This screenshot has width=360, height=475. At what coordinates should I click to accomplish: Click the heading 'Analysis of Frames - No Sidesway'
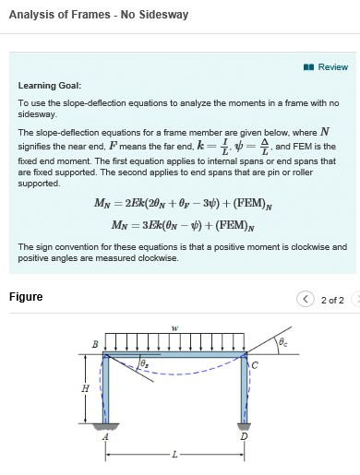[99, 15]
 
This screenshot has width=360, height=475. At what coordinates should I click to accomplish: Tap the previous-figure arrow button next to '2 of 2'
[306, 299]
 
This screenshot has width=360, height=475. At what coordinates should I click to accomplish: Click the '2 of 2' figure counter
[332, 300]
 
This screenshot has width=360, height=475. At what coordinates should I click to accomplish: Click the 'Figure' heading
[26, 297]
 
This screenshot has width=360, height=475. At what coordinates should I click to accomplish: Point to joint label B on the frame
[93, 345]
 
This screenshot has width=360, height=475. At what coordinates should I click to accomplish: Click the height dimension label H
[86, 388]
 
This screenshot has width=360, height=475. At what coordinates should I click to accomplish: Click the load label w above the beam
[174, 327]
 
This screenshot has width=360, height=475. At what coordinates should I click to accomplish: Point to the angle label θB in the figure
[142, 366]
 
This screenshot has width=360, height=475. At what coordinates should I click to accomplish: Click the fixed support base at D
[244, 425]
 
